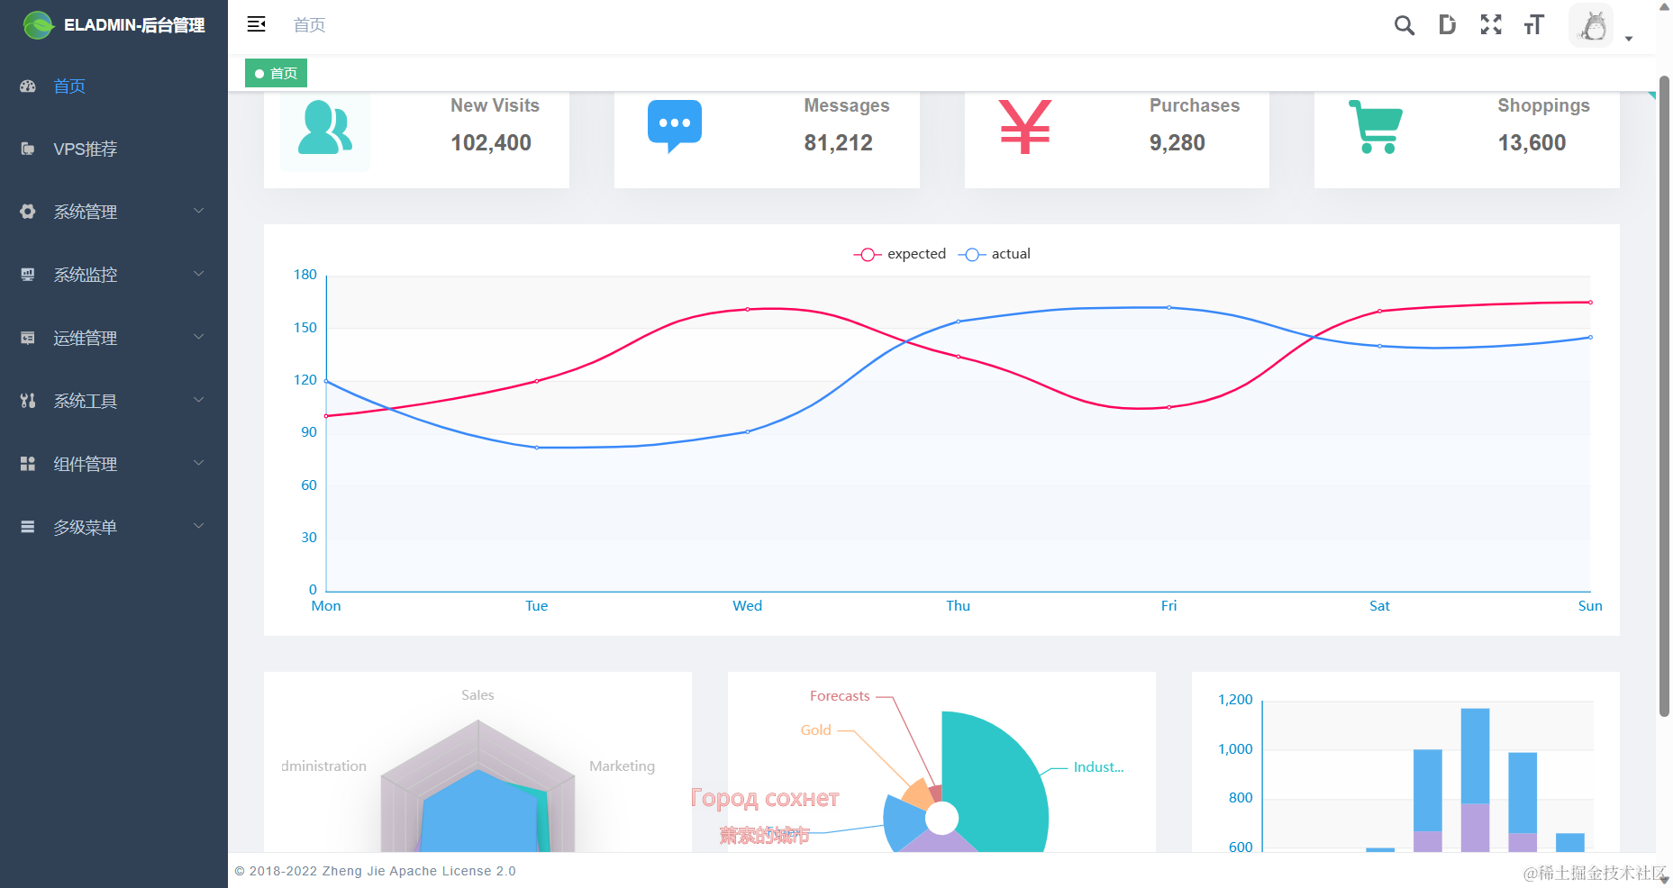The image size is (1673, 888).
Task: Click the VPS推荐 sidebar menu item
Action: click(85, 150)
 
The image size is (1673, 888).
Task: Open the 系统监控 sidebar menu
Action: click(86, 275)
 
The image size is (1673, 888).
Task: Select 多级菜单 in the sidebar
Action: click(86, 527)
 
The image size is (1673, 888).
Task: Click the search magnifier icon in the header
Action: click(1404, 25)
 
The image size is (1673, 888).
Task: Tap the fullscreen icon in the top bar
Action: click(1491, 25)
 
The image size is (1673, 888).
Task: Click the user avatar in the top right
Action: click(1592, 26)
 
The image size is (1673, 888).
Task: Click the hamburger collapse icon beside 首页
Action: click(257, 24)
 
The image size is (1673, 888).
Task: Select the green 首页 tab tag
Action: click(277, 73)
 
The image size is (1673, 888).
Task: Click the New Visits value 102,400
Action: click(491, 142)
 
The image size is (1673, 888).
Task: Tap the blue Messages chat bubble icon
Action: click(674, 125)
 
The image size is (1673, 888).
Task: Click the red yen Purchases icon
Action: click(1024, 126)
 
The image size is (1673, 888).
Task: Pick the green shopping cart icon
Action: click(1376, 127)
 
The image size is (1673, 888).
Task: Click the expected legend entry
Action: click(902, 254)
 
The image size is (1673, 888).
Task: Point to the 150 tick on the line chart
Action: click(305, 328)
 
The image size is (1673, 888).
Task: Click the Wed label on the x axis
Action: click(747, 606)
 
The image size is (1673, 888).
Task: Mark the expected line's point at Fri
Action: click(1168, 407)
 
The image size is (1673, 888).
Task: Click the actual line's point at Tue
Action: click(537, 448)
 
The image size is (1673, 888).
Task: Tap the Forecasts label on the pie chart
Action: click(840, 696)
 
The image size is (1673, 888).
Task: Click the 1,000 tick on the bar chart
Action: click(1235, 749)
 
